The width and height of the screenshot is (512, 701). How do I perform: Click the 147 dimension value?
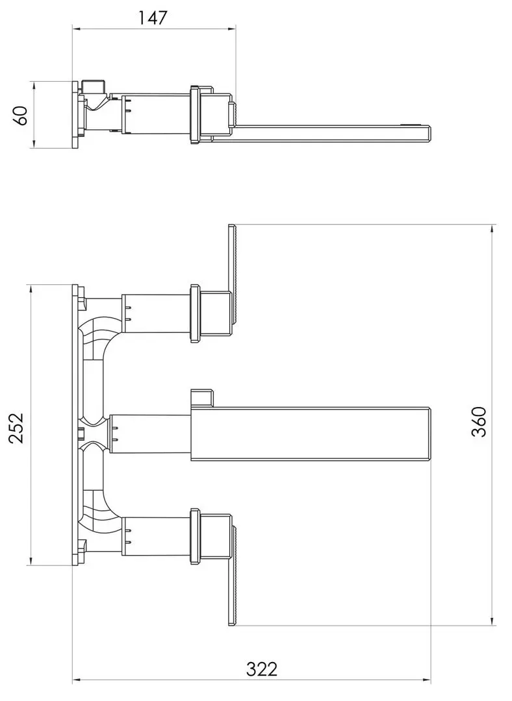[153, 18]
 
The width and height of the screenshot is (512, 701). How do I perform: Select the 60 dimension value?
[20, 115]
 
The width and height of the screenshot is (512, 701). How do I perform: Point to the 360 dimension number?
[480, 422]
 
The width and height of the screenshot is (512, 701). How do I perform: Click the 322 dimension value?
[262, 669]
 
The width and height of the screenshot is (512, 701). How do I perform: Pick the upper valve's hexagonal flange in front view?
[194, 313]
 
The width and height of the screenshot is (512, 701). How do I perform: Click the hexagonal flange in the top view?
[194, 114]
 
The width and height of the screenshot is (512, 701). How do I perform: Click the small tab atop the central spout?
[202, 397]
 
